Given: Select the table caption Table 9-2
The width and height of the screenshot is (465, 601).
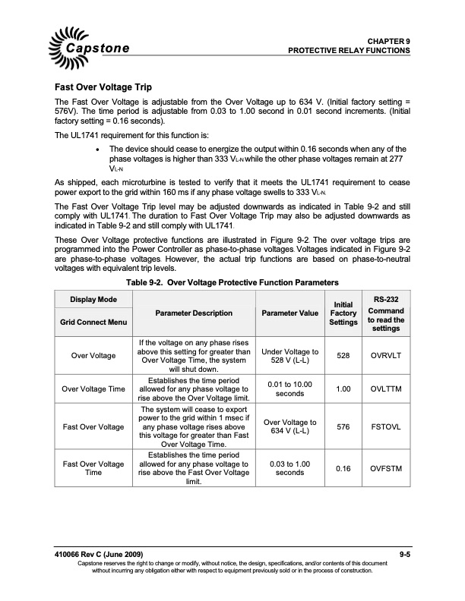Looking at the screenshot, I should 232,282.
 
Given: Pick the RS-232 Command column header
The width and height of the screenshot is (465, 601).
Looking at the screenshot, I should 387,313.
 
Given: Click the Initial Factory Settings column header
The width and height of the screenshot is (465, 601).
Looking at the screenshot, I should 343,313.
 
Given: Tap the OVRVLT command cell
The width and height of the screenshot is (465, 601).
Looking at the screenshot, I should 387,355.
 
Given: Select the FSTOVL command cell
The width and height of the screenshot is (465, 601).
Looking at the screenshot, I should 387,426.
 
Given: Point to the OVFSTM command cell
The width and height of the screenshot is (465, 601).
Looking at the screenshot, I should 387,468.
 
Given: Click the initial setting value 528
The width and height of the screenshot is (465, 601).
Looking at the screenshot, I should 343,355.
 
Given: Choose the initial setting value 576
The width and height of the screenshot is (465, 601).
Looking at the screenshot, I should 343,426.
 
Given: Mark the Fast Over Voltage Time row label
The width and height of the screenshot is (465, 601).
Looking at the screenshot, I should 94,468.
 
